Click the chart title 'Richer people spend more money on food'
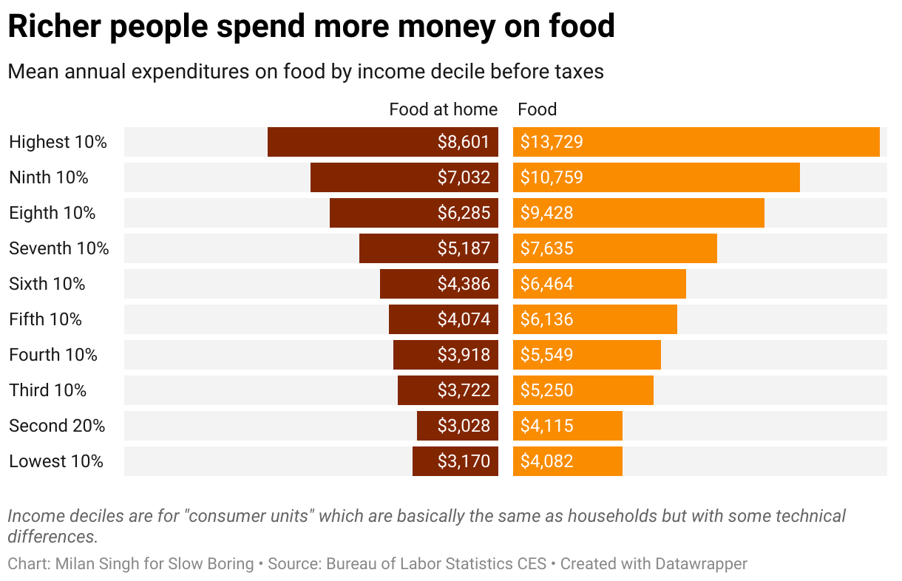point(311,27)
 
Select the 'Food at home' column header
point(443,109)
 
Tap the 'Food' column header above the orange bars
point(537,109)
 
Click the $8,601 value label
point(463,142)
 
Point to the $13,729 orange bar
point(696,142)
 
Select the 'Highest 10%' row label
point(58,142)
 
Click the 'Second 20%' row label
point(57,426)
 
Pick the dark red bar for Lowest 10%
point(455,461)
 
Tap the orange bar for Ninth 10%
point(656,177)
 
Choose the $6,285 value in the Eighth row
point(463,213)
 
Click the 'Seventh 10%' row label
point(59,248)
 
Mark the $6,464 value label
point(546,284)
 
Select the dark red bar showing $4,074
point(443,319)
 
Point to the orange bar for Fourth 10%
point(586,355)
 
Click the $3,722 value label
point(463,390)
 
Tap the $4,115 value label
point(546,426)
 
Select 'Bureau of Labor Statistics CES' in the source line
point(436,564)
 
